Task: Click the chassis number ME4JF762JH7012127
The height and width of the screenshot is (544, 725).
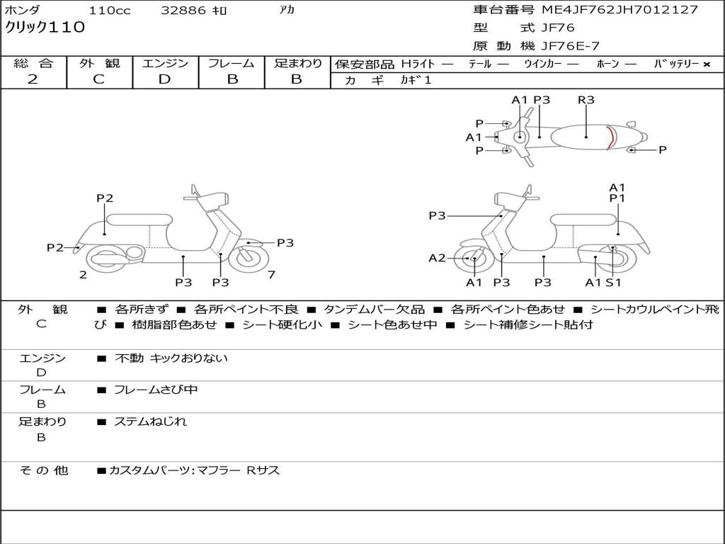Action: click(x=620, y=10)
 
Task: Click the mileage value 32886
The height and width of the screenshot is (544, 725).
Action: click(x=183, y=11)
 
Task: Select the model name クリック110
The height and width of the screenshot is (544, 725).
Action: click(x=45, y=28)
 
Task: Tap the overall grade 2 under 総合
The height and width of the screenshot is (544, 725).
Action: click(x=33, y=79)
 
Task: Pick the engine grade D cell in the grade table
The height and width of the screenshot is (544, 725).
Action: click(x=164, y=79)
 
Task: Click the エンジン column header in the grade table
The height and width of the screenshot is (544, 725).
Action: click(x=165, y=63)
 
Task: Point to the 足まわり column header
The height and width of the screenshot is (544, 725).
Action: click(x=297, y=63)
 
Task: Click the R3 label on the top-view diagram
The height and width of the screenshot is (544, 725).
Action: click(x=586, y=100)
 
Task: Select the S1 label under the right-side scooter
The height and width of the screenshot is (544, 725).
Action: click(x=613, y=283)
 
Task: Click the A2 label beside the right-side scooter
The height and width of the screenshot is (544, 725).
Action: click(x=438, y=258)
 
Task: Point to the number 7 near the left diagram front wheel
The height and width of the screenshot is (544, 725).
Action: click(x=272, y=275)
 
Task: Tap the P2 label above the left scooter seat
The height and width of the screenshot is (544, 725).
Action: click(x=105, y=198)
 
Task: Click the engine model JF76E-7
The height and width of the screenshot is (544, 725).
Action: click(x=570, y=46)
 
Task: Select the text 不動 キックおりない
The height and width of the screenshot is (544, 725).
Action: click(x=171, y=358)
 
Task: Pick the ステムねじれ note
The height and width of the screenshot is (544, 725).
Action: click(x=151, y=421)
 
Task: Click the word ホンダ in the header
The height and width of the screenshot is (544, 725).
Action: click(x=22, y=10)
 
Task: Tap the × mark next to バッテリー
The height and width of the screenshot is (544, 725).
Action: click(x=706, y=64)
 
